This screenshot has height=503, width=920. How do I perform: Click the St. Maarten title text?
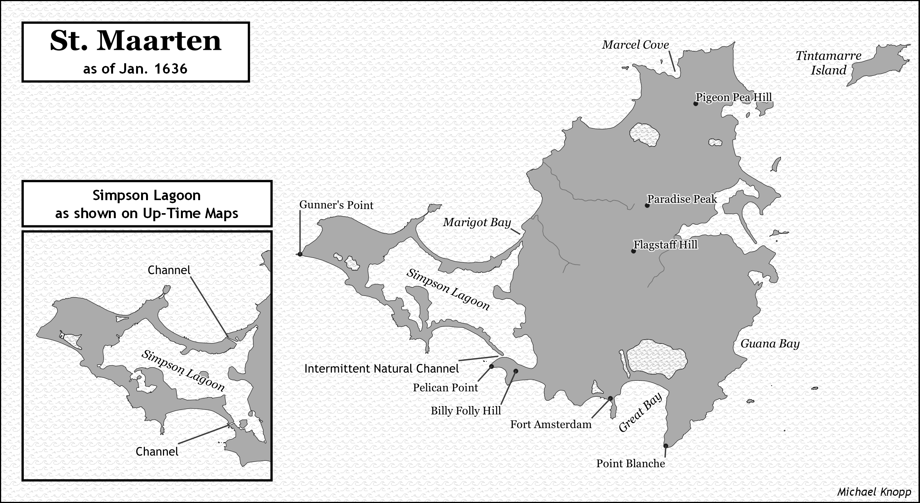(136, 41)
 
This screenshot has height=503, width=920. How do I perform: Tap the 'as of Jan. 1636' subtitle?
(135, 69)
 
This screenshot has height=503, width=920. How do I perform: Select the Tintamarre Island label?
(828, 63)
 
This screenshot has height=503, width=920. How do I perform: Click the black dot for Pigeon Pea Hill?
(696, 104)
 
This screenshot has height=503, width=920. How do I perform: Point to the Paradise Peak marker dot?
(647, 205)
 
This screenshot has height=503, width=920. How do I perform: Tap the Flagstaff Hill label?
(665, 245)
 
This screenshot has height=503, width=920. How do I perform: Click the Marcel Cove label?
(635, 45)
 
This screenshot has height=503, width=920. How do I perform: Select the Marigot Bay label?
(477, 222)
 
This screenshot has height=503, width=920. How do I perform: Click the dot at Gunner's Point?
(300, 254)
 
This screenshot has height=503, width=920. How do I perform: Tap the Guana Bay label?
(770, 344)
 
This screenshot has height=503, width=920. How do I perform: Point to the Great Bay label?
(641, 413)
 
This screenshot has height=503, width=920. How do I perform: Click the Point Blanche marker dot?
(666, 446)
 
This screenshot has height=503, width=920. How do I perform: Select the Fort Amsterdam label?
(551, 424)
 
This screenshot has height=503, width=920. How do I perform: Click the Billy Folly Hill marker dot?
(516, 371)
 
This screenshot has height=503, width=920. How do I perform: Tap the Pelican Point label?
(445, 388)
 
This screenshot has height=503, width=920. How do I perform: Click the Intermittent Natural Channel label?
(381, 369)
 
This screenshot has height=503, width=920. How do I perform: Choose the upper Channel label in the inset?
(169, 270)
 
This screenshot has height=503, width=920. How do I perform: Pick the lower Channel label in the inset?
(157, 452)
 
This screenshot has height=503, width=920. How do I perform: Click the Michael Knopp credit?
(874, 492)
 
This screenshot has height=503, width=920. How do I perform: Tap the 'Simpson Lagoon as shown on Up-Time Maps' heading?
(147, 204)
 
